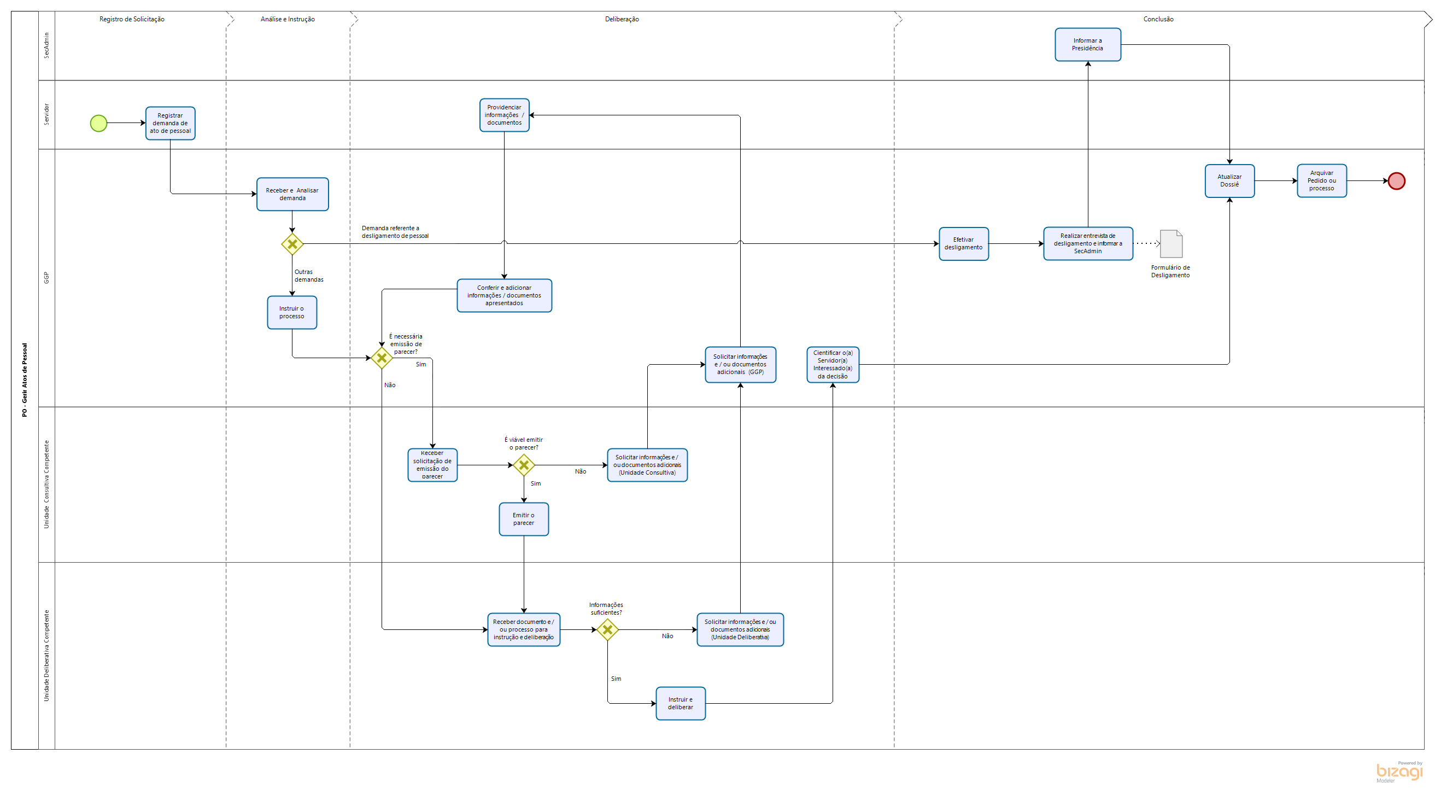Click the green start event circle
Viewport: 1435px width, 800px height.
tap(98, 123)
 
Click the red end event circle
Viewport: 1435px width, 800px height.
tap(1396, 181)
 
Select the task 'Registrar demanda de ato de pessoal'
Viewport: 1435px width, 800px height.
tap(171, 123)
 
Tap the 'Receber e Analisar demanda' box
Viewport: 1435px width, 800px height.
tap(292, 195)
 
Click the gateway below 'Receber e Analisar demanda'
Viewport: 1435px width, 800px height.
tap(292, 244)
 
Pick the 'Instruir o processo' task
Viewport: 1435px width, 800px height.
tap(292, 313)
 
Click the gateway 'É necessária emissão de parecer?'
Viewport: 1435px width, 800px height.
tap(382, 358)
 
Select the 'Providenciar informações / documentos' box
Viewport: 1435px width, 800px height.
tap(504, 115)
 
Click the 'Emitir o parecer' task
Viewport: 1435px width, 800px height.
tap(524, 519)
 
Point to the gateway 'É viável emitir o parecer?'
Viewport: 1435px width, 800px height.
tap(524, 465)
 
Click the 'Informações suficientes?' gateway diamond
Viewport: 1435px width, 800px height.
tap(607, 630)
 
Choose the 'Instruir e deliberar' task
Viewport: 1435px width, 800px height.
tap(681, 704)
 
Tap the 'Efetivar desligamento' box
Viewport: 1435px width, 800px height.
tap(964, 244)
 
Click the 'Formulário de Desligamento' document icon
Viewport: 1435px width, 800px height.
tap(1171, 244)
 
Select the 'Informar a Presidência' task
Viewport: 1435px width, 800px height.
tap(1087, 45)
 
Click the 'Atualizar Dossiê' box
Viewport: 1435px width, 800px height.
tap(1229, 181)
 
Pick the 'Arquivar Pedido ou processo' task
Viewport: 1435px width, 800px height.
tap(1321, 181)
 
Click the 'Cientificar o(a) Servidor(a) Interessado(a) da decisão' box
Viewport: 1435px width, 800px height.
tap(833, 365)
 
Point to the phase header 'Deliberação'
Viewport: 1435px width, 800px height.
tap(622, 19)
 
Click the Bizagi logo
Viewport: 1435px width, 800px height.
tap(1399, 772)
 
